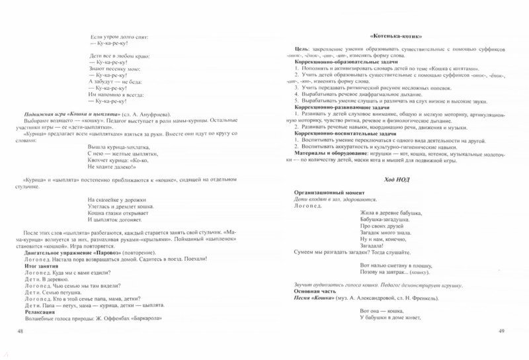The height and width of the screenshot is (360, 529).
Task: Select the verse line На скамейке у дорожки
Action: click(x=120, y=199)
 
